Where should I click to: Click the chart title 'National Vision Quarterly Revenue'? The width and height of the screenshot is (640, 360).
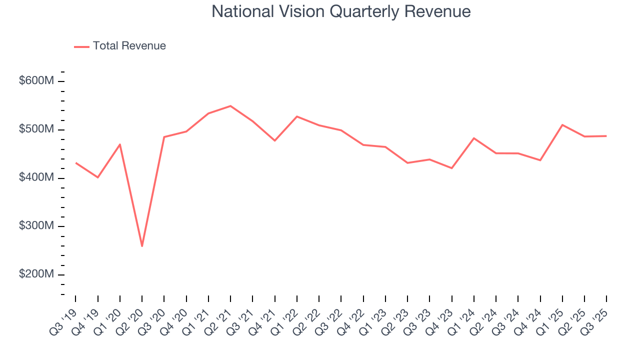[341, 11]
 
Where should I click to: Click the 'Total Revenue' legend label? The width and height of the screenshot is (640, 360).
[129, 46]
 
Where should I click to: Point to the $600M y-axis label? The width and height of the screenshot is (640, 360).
[36, 81]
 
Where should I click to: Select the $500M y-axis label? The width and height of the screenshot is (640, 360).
[36, 129]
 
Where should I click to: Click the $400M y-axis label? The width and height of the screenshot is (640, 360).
[36, 178]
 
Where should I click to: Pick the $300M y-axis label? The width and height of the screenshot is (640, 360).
[36, 226]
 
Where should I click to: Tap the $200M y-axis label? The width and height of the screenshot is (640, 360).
[36, 274]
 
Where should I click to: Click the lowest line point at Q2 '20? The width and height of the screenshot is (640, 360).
[142, 246]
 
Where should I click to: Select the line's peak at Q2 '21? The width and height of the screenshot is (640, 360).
[230, 106]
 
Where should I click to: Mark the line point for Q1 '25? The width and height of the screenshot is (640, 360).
[562, 125]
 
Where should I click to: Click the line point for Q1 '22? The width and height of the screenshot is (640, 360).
[297, 116]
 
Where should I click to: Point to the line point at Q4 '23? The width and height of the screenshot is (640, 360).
[452, 168]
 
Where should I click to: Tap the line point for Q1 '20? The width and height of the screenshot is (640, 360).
[120, 144]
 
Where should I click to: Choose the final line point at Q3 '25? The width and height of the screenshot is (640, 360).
[606, 136]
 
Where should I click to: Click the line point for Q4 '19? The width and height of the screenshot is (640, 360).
[98, 177]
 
